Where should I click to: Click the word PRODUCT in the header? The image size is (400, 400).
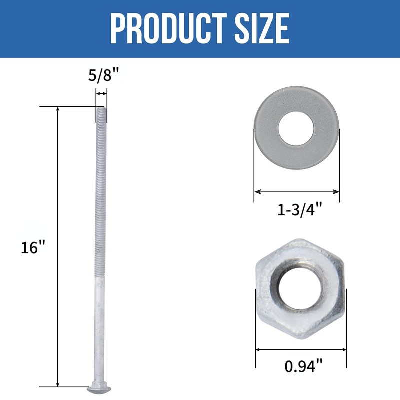click(x=169, y=29)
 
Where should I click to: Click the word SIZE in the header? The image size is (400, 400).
click(x=262, y=29)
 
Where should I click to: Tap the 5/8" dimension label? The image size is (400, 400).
click(x=104, y=75)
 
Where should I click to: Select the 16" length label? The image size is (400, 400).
click(x=33, y=247)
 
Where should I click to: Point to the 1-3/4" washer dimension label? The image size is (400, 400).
click(x=300, y=210)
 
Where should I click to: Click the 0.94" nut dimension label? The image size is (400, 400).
click(x=303, y=366)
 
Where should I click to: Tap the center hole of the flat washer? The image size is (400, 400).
click(x=296, y=129)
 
